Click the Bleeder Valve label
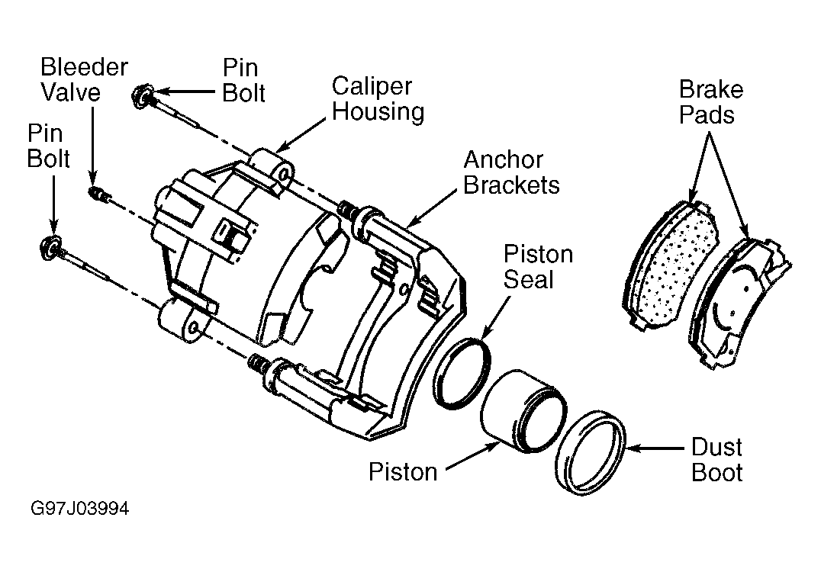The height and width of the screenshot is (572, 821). click(84, 79)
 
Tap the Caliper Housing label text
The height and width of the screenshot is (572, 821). click(378, 99)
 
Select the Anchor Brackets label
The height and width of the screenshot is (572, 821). click(511, 172)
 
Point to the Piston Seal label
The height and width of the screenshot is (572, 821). click(538, 266)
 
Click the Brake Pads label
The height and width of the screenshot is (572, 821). click(710, 101)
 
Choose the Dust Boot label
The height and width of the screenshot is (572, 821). click(716, 459)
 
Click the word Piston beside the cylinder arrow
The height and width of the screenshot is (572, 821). click(403, 471)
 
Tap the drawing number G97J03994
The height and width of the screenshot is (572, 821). click(79, 509)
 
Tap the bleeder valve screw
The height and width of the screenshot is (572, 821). click(98, 194)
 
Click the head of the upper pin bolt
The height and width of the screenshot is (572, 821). click(141, 96)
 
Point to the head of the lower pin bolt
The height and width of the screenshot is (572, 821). click(50, 248)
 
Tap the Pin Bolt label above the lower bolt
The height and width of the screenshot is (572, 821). click(48, 146)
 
